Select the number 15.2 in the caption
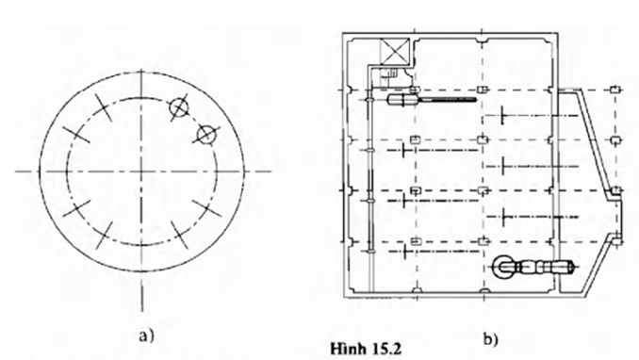(x=385, y=350)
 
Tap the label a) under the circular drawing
(x=146, y=335)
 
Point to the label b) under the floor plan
(x=490, y=338)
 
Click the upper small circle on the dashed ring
(x=179, y=107)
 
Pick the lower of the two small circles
(x=206, y=135)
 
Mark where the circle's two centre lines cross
(x=141, y=172)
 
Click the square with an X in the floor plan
(x=394, y=52)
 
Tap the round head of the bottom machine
(x=503, y=268)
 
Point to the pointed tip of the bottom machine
(x=575, y=268)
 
